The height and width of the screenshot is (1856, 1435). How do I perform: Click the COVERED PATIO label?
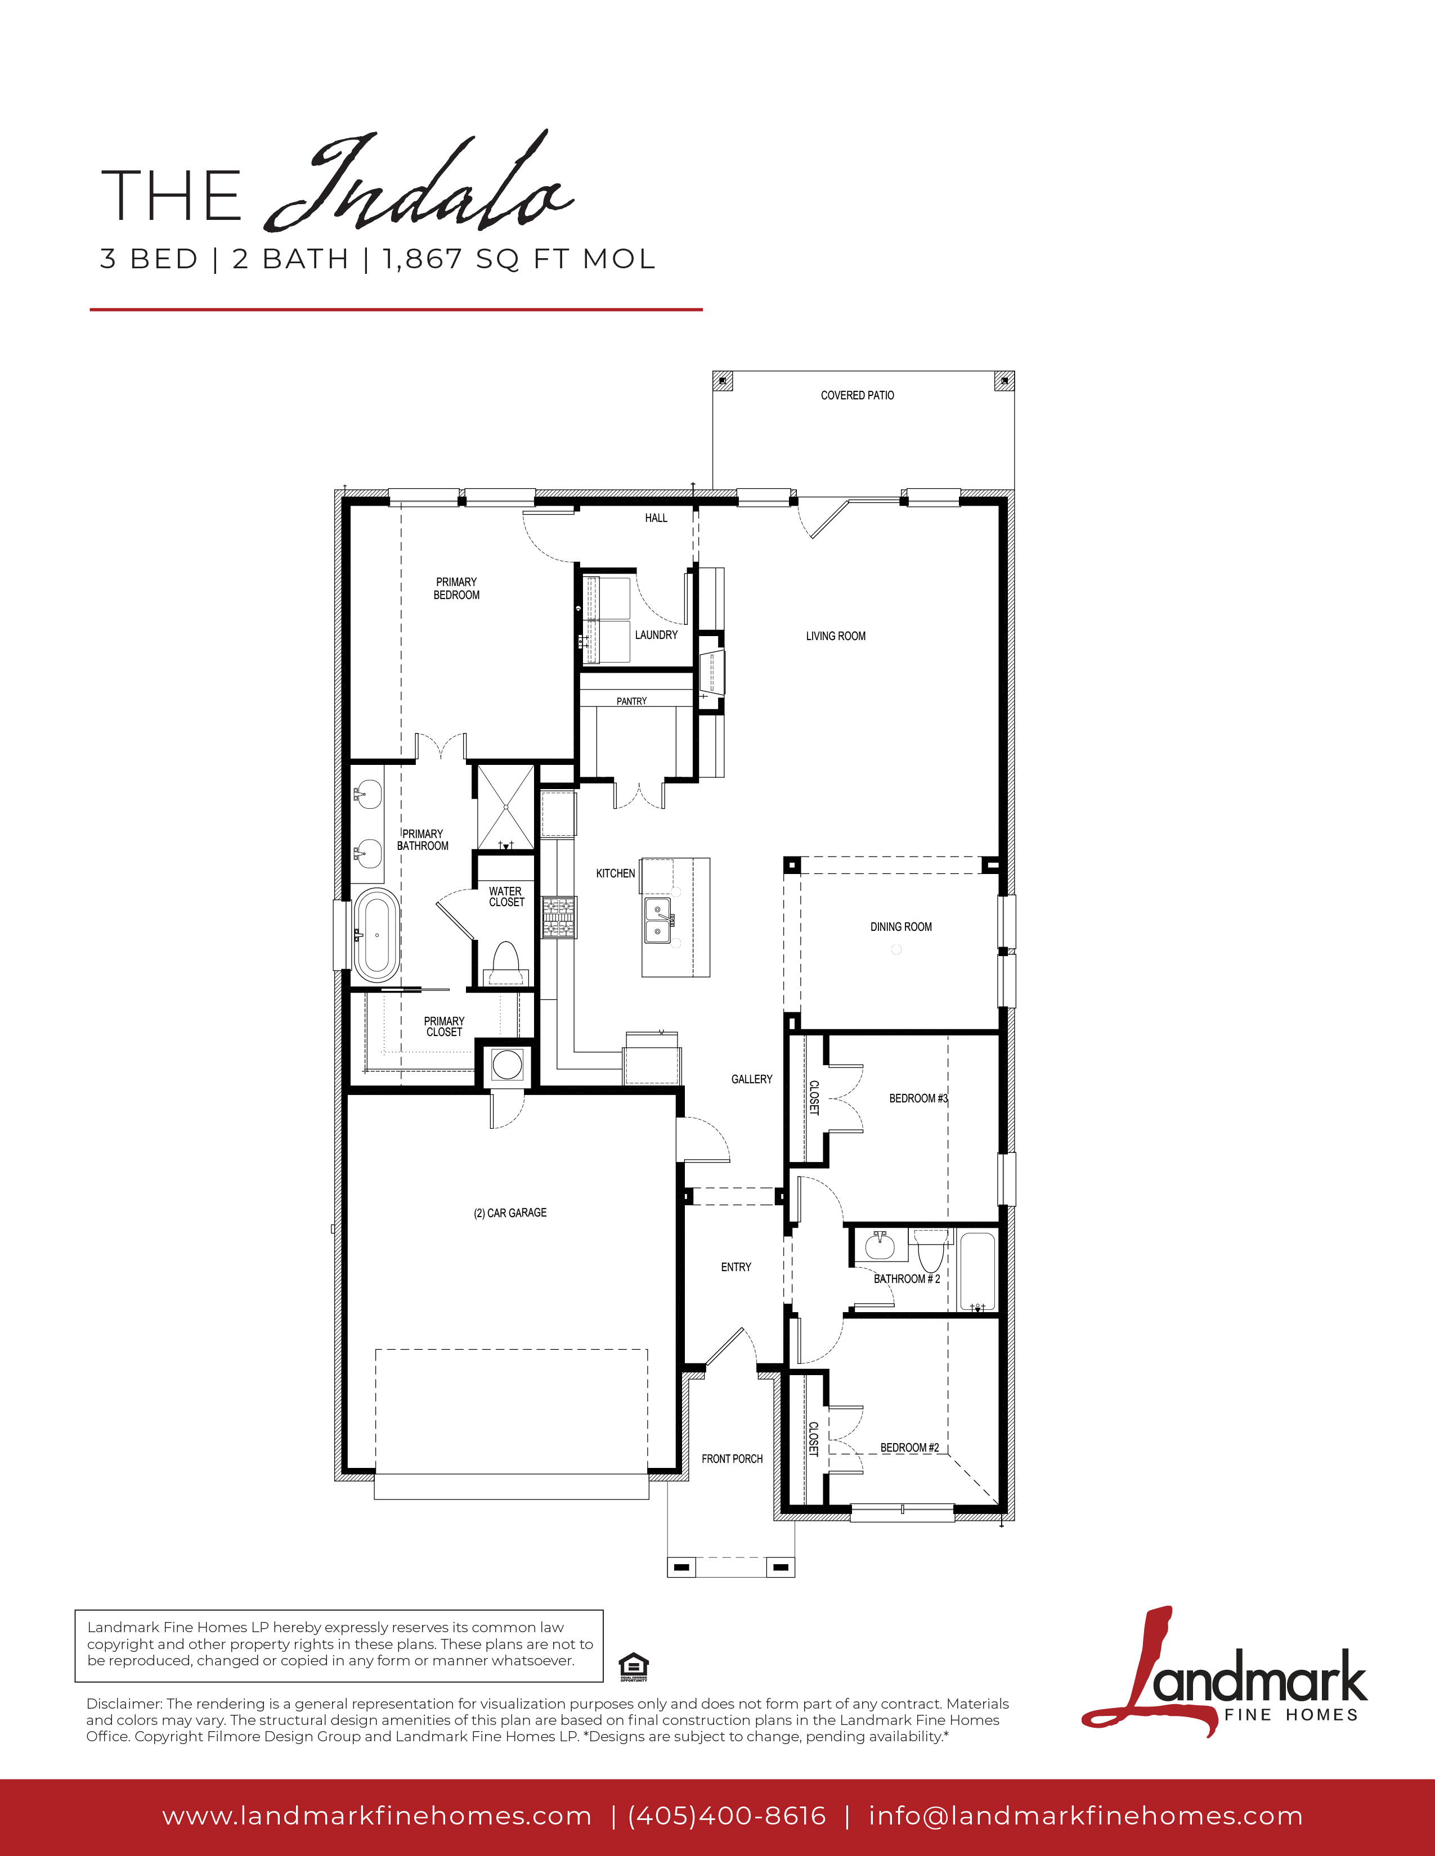tap(857, 395)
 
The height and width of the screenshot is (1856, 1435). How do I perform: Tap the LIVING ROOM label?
tap(836, 636)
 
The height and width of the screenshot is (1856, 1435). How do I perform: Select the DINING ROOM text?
tap(900, 926)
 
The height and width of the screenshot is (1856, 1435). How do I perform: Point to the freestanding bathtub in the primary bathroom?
tap(376, 935)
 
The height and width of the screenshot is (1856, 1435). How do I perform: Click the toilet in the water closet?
tap(506, 963)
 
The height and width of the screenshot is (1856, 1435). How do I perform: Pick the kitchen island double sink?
tap(657, 920)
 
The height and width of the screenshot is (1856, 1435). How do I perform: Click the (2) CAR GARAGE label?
tap(510, 1213)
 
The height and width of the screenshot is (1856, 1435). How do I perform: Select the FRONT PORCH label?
tap(732, 1458)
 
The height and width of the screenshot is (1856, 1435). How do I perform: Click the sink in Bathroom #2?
tap(881, 1247)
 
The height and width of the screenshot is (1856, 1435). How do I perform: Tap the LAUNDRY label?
tap(656, 635)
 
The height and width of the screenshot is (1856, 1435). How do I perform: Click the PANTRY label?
tap(631, 701)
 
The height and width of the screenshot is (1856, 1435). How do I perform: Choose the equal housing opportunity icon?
tap(633, 1666)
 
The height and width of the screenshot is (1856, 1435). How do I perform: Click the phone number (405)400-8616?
tap(727, 1816)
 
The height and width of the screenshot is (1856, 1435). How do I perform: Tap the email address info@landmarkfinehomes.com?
tap(1086, 1816)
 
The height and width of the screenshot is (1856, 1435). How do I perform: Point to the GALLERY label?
tap(751, 1079)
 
